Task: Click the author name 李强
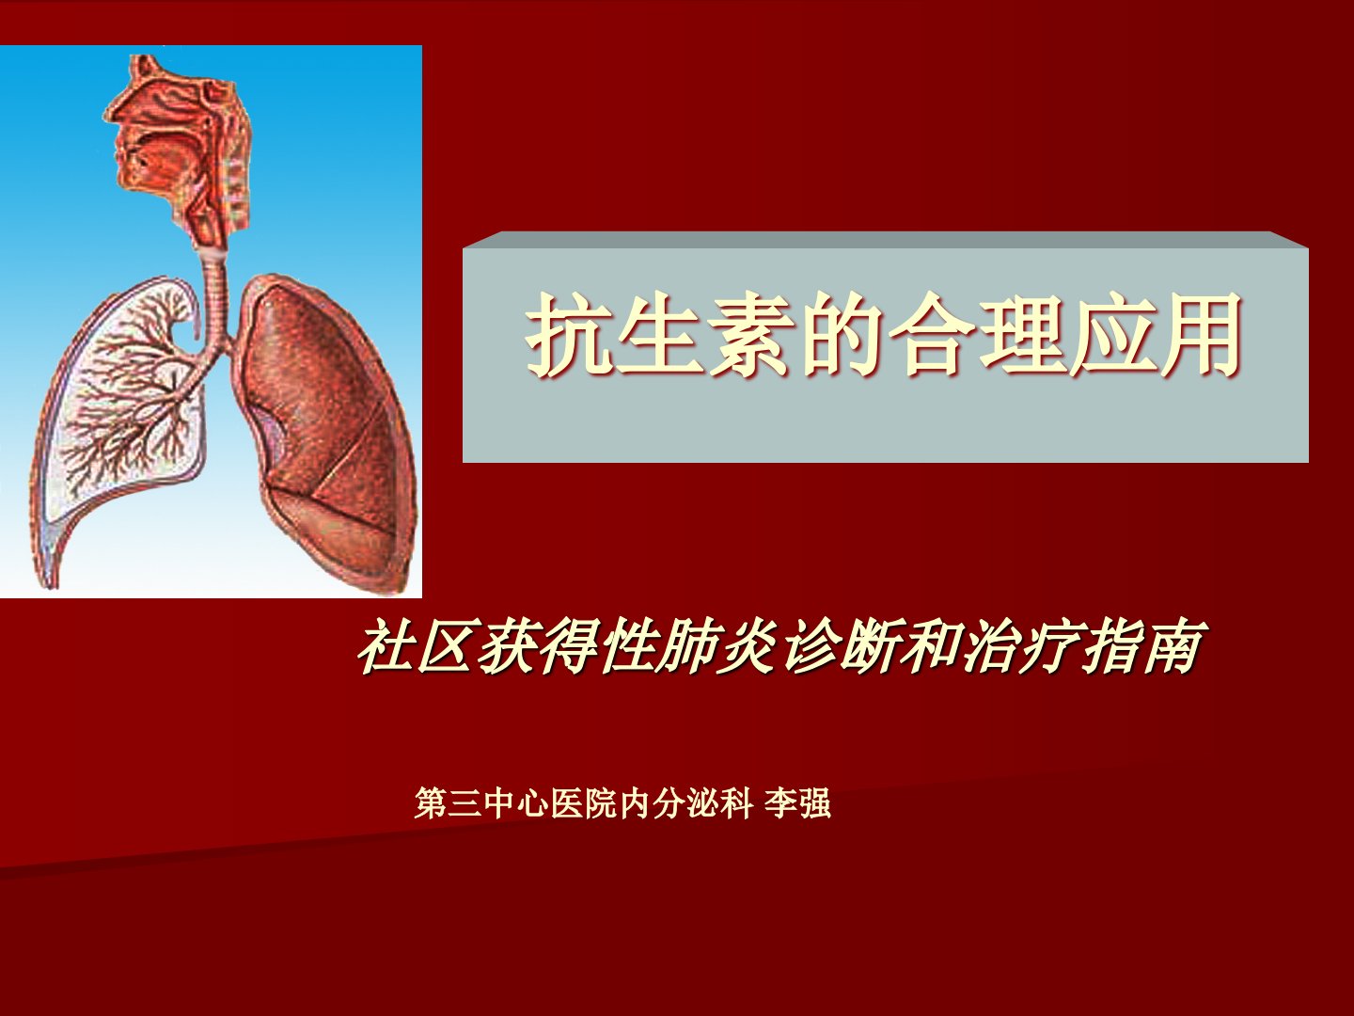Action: [x=797, y=803]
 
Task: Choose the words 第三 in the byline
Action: [x=449, y=803]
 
